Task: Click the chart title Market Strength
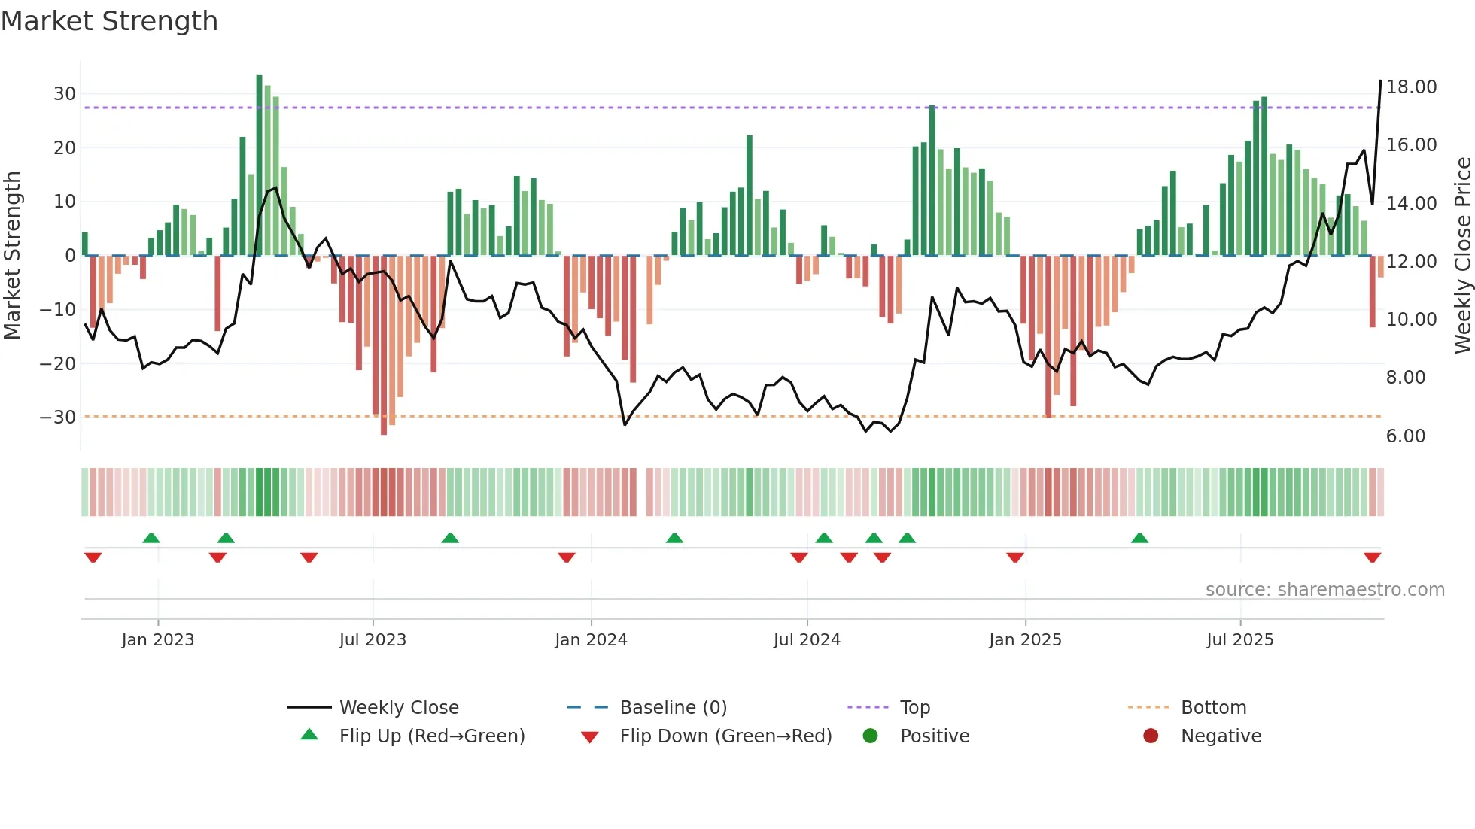coord(109,21)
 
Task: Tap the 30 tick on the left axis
coord(65,94)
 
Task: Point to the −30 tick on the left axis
coord(58,418)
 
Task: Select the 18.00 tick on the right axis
coord(1411,87)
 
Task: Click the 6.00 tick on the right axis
coord(1405,436)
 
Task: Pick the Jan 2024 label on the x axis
coord(591,640)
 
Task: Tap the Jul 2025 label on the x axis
coord(1239,640)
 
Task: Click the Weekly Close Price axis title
coord(1462,256)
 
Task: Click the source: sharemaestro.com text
coord(1324,590)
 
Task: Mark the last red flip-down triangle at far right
coord(1372,557)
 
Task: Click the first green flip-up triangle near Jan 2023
coord(151,538)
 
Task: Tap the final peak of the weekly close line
coord(1380,81)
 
